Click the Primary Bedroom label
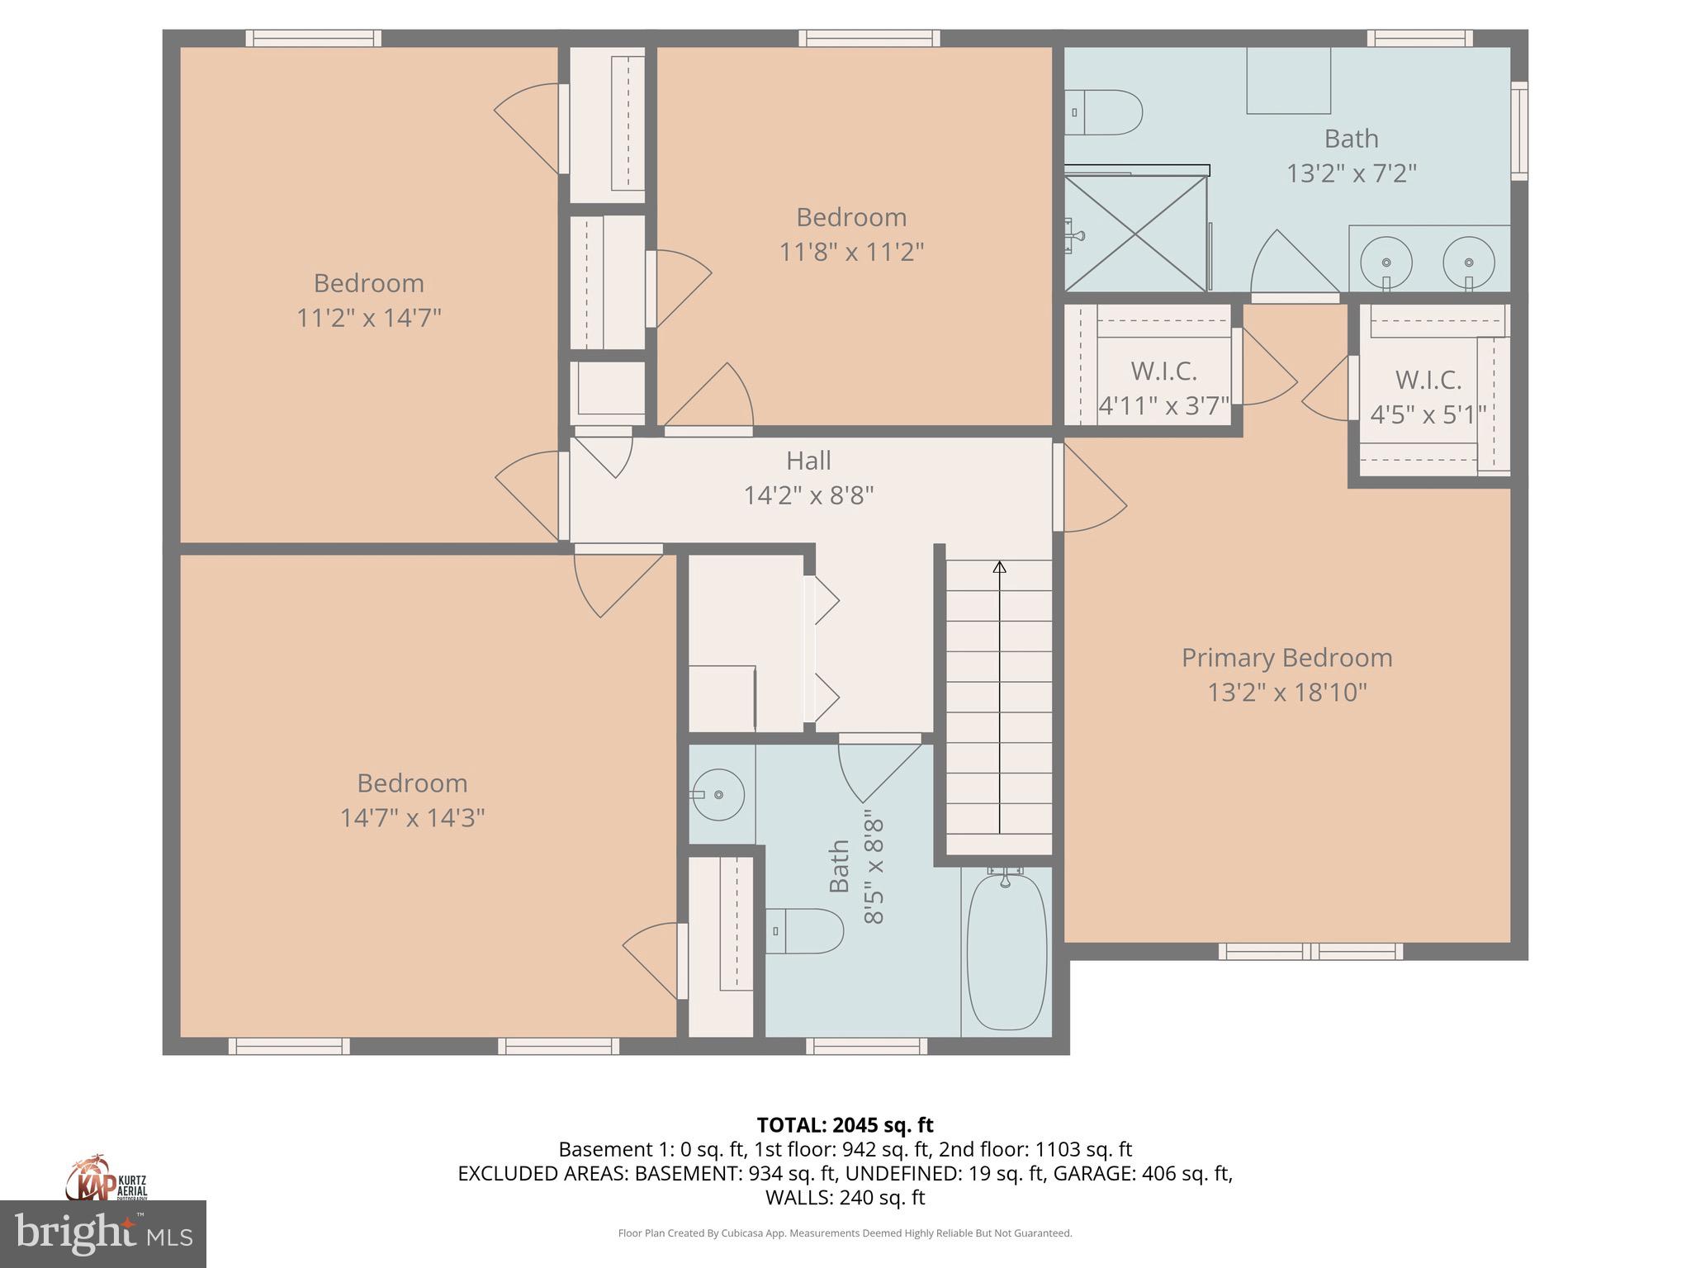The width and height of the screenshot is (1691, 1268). point(1286,658)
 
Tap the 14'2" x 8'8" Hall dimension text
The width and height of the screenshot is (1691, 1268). point(808,495)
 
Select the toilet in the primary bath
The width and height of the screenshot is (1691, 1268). point(1105,112)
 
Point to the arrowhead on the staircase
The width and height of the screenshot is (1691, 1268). point(999,567)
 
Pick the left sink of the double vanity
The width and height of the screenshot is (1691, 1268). point(1385,262)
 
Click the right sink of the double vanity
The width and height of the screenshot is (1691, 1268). point(1468,262)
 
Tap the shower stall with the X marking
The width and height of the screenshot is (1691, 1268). point(1136,234)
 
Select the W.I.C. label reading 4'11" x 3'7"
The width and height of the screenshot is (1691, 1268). point(1163,388)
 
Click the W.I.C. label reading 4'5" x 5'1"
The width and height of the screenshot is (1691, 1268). point(1428,397)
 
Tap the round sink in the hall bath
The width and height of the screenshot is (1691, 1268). point(718,794)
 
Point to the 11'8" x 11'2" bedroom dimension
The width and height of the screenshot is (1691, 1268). point(851,252)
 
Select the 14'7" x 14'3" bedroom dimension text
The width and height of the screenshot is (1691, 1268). point(412,818)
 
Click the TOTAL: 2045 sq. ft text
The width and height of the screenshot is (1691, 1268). point(845,1125)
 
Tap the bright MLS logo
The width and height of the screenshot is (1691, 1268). point(103,1234)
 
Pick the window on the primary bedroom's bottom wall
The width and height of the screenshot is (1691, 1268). point(1310,951)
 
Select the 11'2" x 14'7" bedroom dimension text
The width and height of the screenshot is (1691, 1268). point(369,318)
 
